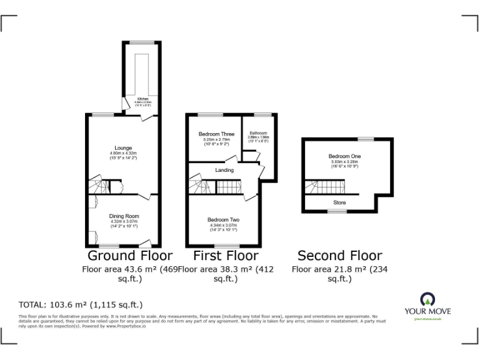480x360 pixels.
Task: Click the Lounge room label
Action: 122,147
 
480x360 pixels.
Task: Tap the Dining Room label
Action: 122,216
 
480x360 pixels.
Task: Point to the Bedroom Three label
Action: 216,134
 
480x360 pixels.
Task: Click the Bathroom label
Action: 258,132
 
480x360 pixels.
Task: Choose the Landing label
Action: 224,170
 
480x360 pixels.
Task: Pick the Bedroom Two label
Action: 223,221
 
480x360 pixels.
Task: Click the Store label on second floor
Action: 339,202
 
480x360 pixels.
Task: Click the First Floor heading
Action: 226,255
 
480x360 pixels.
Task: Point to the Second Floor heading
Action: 339,255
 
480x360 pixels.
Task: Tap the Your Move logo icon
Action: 427,298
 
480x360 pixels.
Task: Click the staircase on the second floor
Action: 325,186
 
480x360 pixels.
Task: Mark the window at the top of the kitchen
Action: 138,42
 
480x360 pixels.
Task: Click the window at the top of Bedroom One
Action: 366,138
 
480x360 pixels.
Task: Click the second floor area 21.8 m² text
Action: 339,269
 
